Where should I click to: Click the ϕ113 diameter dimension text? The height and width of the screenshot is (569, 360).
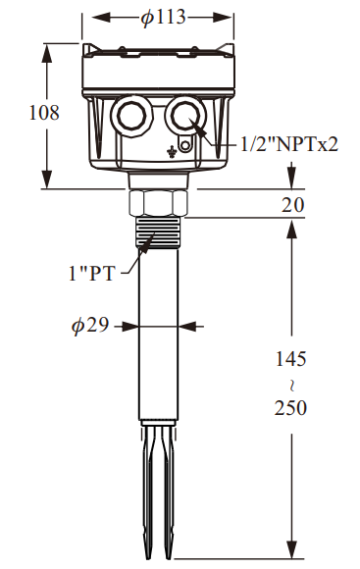(x=163, y=17)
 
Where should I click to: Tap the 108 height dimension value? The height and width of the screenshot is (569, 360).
(x=44, y=113)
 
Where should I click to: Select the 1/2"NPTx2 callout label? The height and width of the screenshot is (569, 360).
(x=289, y=144)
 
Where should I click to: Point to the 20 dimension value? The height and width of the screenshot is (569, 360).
(x=293, y=205)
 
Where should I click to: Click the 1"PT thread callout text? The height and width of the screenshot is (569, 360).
(x=92, y=273)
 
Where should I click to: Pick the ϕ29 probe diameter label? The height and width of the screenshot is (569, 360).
(x=90, y=325)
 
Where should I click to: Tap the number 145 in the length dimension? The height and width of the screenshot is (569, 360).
(x=291, y=358)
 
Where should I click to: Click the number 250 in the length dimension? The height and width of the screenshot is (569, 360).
(x=290, y=407)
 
